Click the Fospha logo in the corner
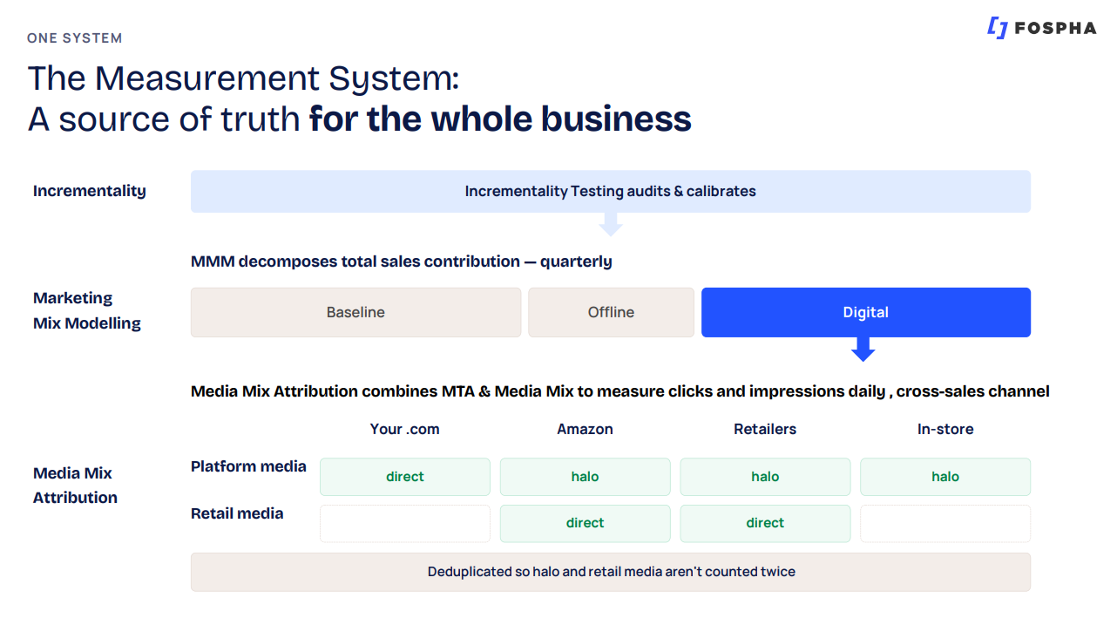(x=1041, y=28)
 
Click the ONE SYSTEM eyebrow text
(x=74, y=38)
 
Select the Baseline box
(x=355, y=312)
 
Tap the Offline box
(x=611, y=312)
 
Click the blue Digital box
(x=866, y=312)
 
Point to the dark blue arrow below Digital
(x=863, y=350)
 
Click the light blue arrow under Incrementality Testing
(x=611, y=225)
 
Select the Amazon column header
(x=585, y=429)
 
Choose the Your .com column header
(x=404, y=429)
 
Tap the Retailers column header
(x=765, y=429)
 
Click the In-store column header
(x=945, y=429)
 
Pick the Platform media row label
(x=248, y=466)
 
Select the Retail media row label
(x=237, y=513)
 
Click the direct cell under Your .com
(x=405, y=477)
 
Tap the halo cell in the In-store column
(x=945, y=477)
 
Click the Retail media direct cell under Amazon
(x=585, y=523)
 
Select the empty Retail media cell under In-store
(x=945, y=523)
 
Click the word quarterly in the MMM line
(x=576, y=262)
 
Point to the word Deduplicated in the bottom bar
(x=470, y=572)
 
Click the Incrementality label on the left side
(x=89, y=191)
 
